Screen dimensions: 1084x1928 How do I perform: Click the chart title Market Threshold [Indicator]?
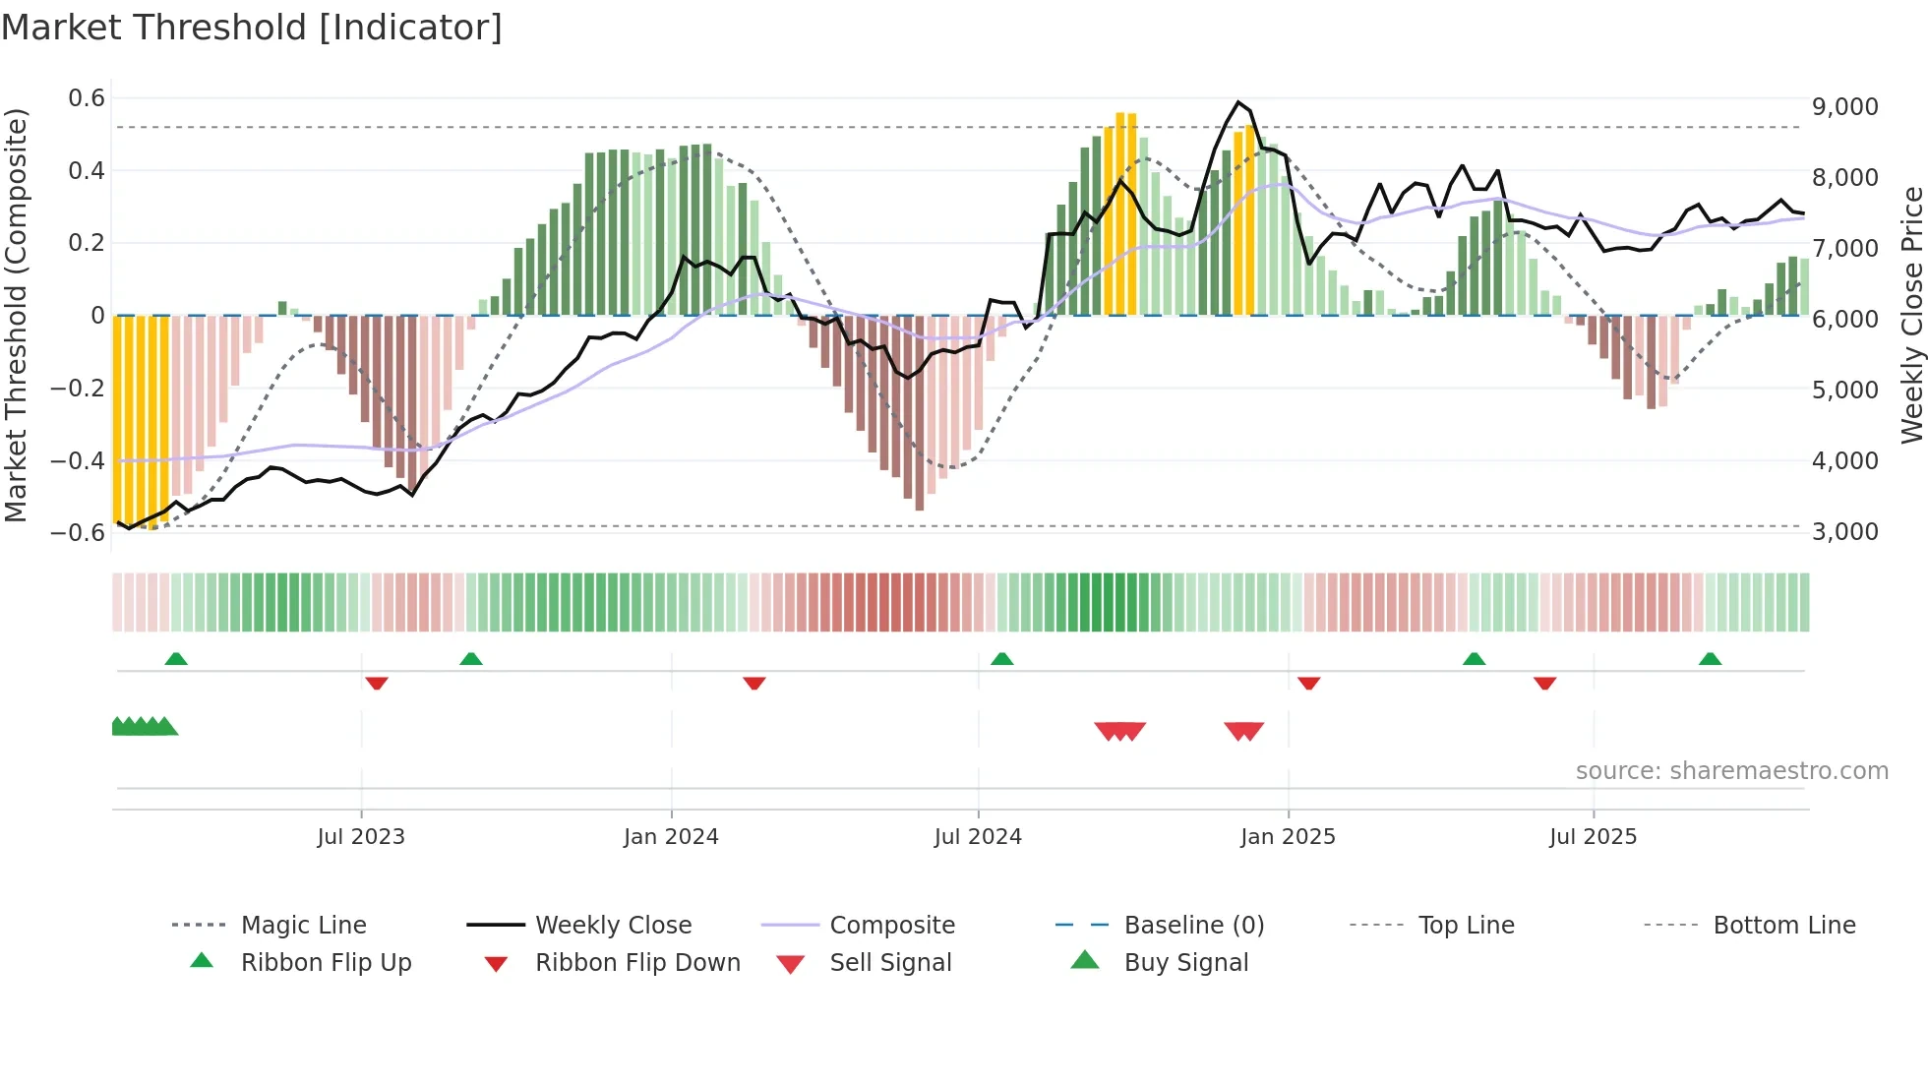252,28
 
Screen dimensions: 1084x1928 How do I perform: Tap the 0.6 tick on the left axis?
87,98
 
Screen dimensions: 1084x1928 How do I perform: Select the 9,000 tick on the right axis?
1844,107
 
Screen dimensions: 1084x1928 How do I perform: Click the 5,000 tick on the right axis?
1844,391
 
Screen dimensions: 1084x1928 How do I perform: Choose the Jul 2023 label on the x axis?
361,837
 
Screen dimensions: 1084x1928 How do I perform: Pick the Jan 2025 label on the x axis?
1288,837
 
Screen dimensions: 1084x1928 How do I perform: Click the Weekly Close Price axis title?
1911,315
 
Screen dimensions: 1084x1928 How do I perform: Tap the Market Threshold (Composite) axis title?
16,315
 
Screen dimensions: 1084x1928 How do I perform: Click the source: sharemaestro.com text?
1731,771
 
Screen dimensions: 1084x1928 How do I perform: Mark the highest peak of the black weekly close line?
1238,102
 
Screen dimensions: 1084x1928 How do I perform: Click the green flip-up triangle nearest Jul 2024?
1001,659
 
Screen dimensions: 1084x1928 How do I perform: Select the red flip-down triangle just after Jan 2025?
1308,683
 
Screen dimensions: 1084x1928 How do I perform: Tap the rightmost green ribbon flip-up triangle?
1710,659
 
